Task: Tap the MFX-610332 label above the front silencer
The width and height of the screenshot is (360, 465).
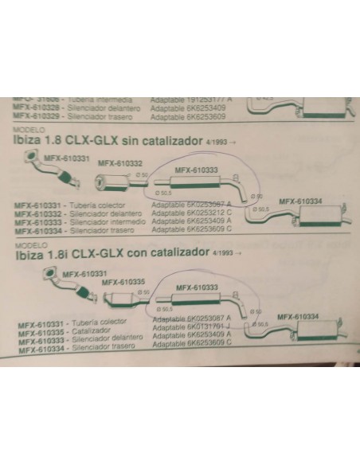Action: (115, 163)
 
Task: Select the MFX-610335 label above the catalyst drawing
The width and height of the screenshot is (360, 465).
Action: (123, 281)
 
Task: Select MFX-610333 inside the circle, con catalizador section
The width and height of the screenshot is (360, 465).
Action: (195, 287)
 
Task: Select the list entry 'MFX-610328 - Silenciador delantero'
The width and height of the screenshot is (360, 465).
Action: (74, 108)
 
